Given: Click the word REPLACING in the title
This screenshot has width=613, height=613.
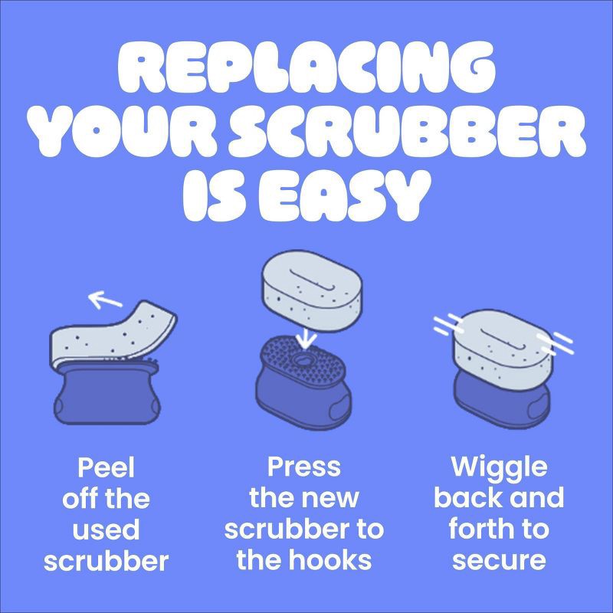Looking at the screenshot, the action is click(x=307, y=67).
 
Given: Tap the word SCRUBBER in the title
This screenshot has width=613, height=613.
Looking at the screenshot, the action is click(x=408, y=131).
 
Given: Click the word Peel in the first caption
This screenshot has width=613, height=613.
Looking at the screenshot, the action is click(x=106, y=467).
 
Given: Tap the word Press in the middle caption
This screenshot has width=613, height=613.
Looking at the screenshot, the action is click(x=303, y=467).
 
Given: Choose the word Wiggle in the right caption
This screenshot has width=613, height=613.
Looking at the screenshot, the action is click(x=500, y=467).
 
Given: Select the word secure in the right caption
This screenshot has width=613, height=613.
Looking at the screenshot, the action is click(x=500, y=561).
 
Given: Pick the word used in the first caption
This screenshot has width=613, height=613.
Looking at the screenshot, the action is click(x=106, y=529).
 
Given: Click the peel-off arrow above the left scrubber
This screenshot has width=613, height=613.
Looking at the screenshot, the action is click(x=105, y=300).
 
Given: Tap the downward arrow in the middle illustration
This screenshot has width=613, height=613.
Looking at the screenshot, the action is click(x=306, y=338).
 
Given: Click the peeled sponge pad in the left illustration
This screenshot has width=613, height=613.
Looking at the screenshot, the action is click(x=113, y=333).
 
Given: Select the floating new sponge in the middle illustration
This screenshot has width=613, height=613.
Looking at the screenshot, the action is click(x=313, y=293).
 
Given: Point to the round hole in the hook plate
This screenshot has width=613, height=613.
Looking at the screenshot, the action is click(x=302, y=359).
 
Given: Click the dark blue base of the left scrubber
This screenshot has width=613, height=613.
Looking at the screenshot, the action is click(x=107, y=393).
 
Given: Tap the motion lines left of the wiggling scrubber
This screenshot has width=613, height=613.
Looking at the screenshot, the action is click(x=448, y=324).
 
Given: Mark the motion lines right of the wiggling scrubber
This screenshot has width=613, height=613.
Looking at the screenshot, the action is click(x=555, y=343).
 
